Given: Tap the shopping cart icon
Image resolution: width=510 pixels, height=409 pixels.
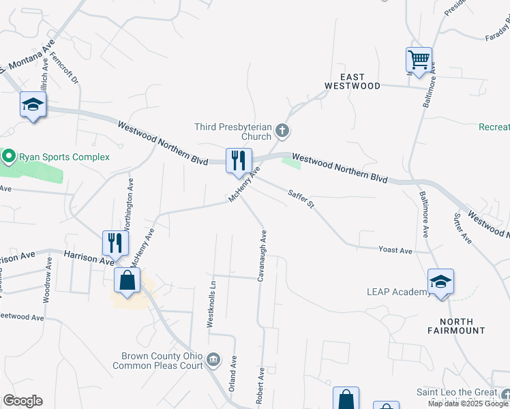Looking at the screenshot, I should (x=419, y=59).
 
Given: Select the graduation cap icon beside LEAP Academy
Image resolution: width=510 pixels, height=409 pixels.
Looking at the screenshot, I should (x=440, y=281).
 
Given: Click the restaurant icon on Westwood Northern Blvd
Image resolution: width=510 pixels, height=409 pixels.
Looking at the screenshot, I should (x=239, y=160).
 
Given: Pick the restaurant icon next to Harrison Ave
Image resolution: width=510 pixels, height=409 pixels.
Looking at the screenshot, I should (x=115, y=243).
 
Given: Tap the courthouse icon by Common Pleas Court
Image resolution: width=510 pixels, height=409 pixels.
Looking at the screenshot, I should (x=213, y=359).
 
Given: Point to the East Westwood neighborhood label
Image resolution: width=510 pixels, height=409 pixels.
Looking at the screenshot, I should (x=352, y=82).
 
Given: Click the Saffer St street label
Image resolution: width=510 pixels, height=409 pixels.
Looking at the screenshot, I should (x=301, y=200).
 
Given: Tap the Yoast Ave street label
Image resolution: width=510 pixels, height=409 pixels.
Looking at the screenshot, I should (x=395, y=251).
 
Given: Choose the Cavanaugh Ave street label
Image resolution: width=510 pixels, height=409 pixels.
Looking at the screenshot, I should (x=262, y=256).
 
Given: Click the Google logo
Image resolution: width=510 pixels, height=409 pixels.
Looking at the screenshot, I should (x=23, y=401).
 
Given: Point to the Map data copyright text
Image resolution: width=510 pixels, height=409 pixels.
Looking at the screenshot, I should (x=468, y=404).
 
